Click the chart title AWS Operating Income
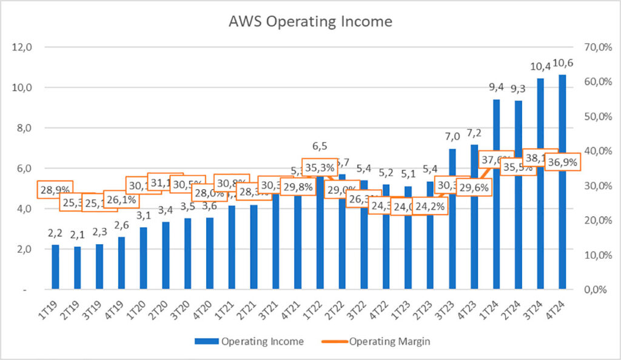tap(310, 22)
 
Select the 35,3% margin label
tap(319, 168)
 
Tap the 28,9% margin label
tap(55, 190)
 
